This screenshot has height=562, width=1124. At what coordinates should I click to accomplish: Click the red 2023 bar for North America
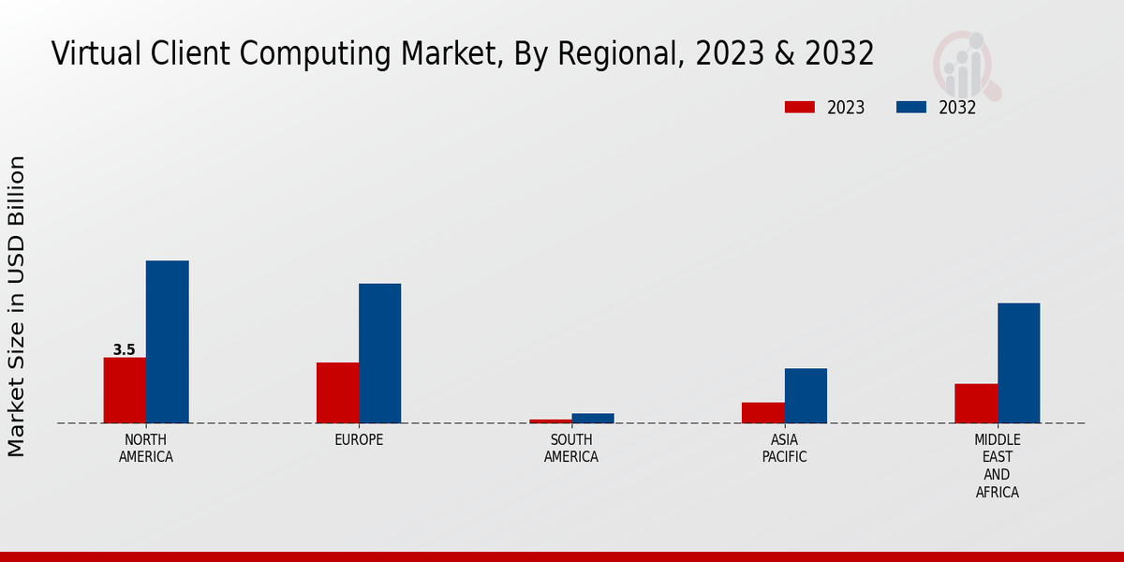pos(125,390)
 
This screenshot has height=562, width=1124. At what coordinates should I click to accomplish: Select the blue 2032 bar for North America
pos(167,342)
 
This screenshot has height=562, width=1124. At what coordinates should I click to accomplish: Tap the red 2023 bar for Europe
pos(337,392)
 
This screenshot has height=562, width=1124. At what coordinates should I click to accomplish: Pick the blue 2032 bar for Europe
pos(379,353)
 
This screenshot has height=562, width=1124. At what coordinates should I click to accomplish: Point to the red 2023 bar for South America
pos(550,421)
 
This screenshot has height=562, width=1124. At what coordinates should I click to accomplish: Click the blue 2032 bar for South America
pos(593,418)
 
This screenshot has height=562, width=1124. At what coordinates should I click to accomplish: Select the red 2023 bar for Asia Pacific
pos(762,412)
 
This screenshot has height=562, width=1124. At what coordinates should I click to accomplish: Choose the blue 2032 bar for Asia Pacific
pos(806,395)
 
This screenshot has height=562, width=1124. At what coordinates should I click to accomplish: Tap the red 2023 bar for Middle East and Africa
pos(976,403)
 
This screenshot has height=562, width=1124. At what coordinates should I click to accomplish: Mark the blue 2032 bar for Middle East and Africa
pos(1018,362)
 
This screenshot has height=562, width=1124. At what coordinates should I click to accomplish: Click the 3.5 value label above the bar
pos(125,350)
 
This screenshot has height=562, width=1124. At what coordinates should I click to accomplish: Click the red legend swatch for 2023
pos(799,108)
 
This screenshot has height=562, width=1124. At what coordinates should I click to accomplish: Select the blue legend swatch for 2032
pos(910,108)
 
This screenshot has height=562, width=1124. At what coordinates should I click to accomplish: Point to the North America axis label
pos(146,449)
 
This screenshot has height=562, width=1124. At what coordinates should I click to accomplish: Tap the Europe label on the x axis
pos(359,440)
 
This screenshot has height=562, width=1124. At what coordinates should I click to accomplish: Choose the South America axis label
pos(571,449)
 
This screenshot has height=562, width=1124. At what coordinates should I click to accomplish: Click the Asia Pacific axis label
pos(784,449)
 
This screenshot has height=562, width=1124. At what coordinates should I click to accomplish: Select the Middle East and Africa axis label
pos(998,466)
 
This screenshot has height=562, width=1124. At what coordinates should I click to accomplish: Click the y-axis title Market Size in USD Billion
pos(17,306)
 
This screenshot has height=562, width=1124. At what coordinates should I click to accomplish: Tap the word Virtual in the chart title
pos(93,53)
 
